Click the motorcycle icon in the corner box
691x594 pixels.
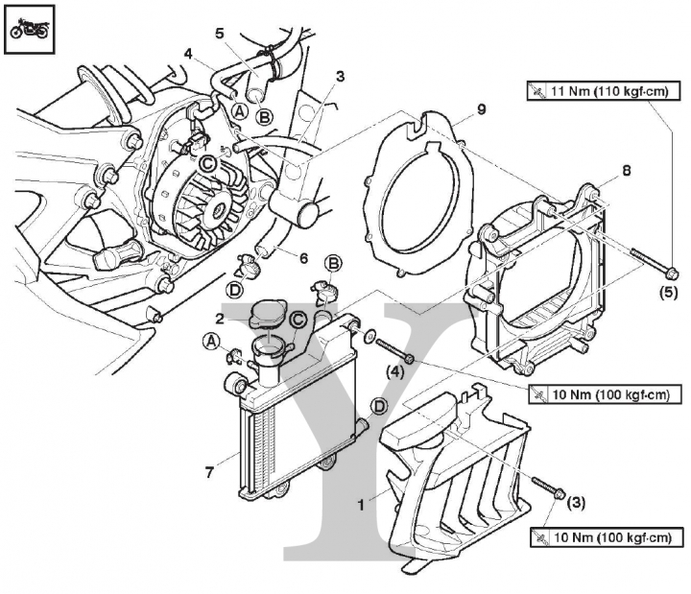click(x=29, y=30)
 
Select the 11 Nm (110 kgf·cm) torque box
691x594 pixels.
click(x=603, y=91)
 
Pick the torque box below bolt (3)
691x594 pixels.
click(x=607, y=537)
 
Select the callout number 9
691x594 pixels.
click(x=481, y=108)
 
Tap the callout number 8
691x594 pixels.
click(x=627, y=170)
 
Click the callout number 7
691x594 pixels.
click(x=210, y=472)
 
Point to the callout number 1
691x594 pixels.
click(x=362, y=505)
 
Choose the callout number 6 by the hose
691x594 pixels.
click(x=303, y=258)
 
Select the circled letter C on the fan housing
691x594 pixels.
click(x=208, y=164)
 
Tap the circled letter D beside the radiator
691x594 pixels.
click(x=379, y=407)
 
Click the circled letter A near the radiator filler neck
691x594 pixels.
click(x=212, y=341)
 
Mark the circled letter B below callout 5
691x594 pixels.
click(x=265, y=117)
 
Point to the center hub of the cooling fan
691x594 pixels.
click(x=219, y=211)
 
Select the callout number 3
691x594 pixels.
click(x=340, y=76)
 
